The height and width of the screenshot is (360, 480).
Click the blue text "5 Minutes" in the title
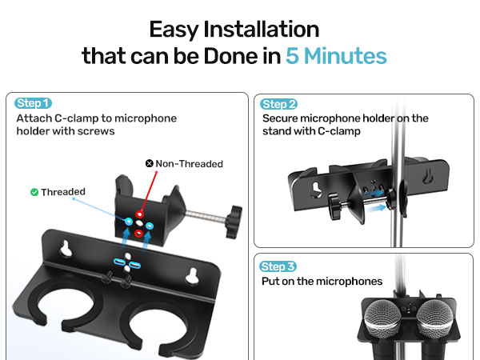(336, 56)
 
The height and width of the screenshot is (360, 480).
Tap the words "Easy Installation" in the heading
(234, 30)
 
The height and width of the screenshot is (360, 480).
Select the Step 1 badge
(34, 103)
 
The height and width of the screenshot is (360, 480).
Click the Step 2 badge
(279, 104)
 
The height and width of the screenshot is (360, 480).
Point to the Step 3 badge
(279, 266)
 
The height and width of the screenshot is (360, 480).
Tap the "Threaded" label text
(63, 192)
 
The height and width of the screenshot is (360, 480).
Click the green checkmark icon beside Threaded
(34, 192)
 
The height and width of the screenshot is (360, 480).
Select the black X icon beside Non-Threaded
(149, 163)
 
